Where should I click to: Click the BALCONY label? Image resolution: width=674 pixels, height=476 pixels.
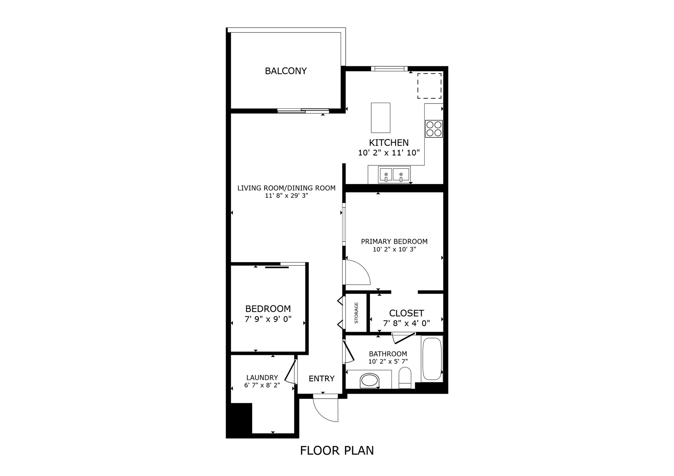pyautogui.click(x=285, y=71)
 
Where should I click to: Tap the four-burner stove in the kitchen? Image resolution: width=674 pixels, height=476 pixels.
pyautogui.click(x=433, y=129)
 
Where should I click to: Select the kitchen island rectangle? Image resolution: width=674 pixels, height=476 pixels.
pyautogui.click(x=380, y=117)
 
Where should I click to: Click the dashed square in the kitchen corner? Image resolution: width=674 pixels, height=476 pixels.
pyautogui.click(x=429, y=86)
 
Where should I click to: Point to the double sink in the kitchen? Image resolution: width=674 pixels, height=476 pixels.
pyautogui.click(x=394, y=175)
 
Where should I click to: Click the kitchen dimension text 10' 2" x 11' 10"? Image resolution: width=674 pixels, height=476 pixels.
pyautogui.click(x=389, y=153)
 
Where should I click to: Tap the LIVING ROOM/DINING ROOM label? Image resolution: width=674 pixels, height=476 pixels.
pyautogui.click(x=286, y=188)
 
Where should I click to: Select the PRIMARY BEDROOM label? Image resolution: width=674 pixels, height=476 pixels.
pyautogui.click(x=394, y=242)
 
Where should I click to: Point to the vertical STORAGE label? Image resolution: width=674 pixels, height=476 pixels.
pyautogui.click(x=356, y=313)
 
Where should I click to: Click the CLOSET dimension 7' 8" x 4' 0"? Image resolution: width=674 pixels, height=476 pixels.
pyautogui.click(x=406, y=323)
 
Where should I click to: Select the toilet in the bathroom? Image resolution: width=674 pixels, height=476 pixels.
pyautogui.click(x=405, y=377)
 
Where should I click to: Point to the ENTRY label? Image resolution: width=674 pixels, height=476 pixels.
pyautogui.click(x=321, y=379)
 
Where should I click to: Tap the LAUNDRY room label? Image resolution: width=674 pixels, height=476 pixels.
pyautogui.click(x=262, y=378)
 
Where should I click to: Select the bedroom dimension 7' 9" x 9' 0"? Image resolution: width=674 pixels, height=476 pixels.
pyautogui.click(x=268, y=319)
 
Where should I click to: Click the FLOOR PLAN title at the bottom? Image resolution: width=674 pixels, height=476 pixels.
pyautogui.click(x=337, y=450)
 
